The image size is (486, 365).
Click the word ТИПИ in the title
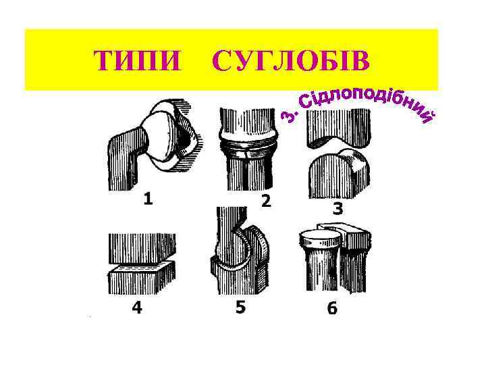139,61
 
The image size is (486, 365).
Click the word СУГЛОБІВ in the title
291,61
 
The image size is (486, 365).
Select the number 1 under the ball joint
148,199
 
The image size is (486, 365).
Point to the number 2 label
266,201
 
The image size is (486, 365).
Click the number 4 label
137,308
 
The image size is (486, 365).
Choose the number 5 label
240,307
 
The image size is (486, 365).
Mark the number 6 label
332,309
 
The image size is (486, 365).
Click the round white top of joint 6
319,237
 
